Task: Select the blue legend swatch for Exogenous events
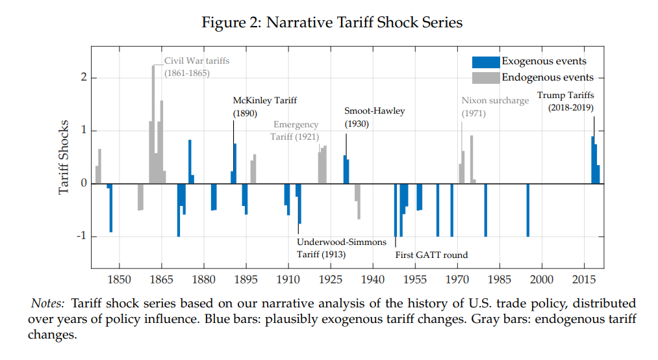[x=486, y=62]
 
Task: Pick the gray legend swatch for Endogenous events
[x=486, y=78]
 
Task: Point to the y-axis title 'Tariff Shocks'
[x=64, y=157]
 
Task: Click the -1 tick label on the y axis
[x=80, y=237]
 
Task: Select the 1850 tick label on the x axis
[x=119, y=279]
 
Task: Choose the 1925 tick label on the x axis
[x=330, y=279]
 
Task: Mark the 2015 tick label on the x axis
[x=583, y=279]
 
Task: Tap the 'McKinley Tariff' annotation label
[x=264, y=101]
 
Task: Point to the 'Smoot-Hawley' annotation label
[x=374, y=111]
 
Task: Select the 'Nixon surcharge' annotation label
[x=495, y=101]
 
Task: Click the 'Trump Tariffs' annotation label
[x=565, y=96]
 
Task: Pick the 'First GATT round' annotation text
[x=431, y=255]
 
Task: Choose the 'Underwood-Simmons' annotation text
[x=342, y=242]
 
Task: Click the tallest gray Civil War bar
[x=153, y=123]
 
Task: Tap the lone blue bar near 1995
[x=527, y=210]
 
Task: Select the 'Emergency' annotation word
[x=296, y=125]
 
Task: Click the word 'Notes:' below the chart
[x=48, y=303]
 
